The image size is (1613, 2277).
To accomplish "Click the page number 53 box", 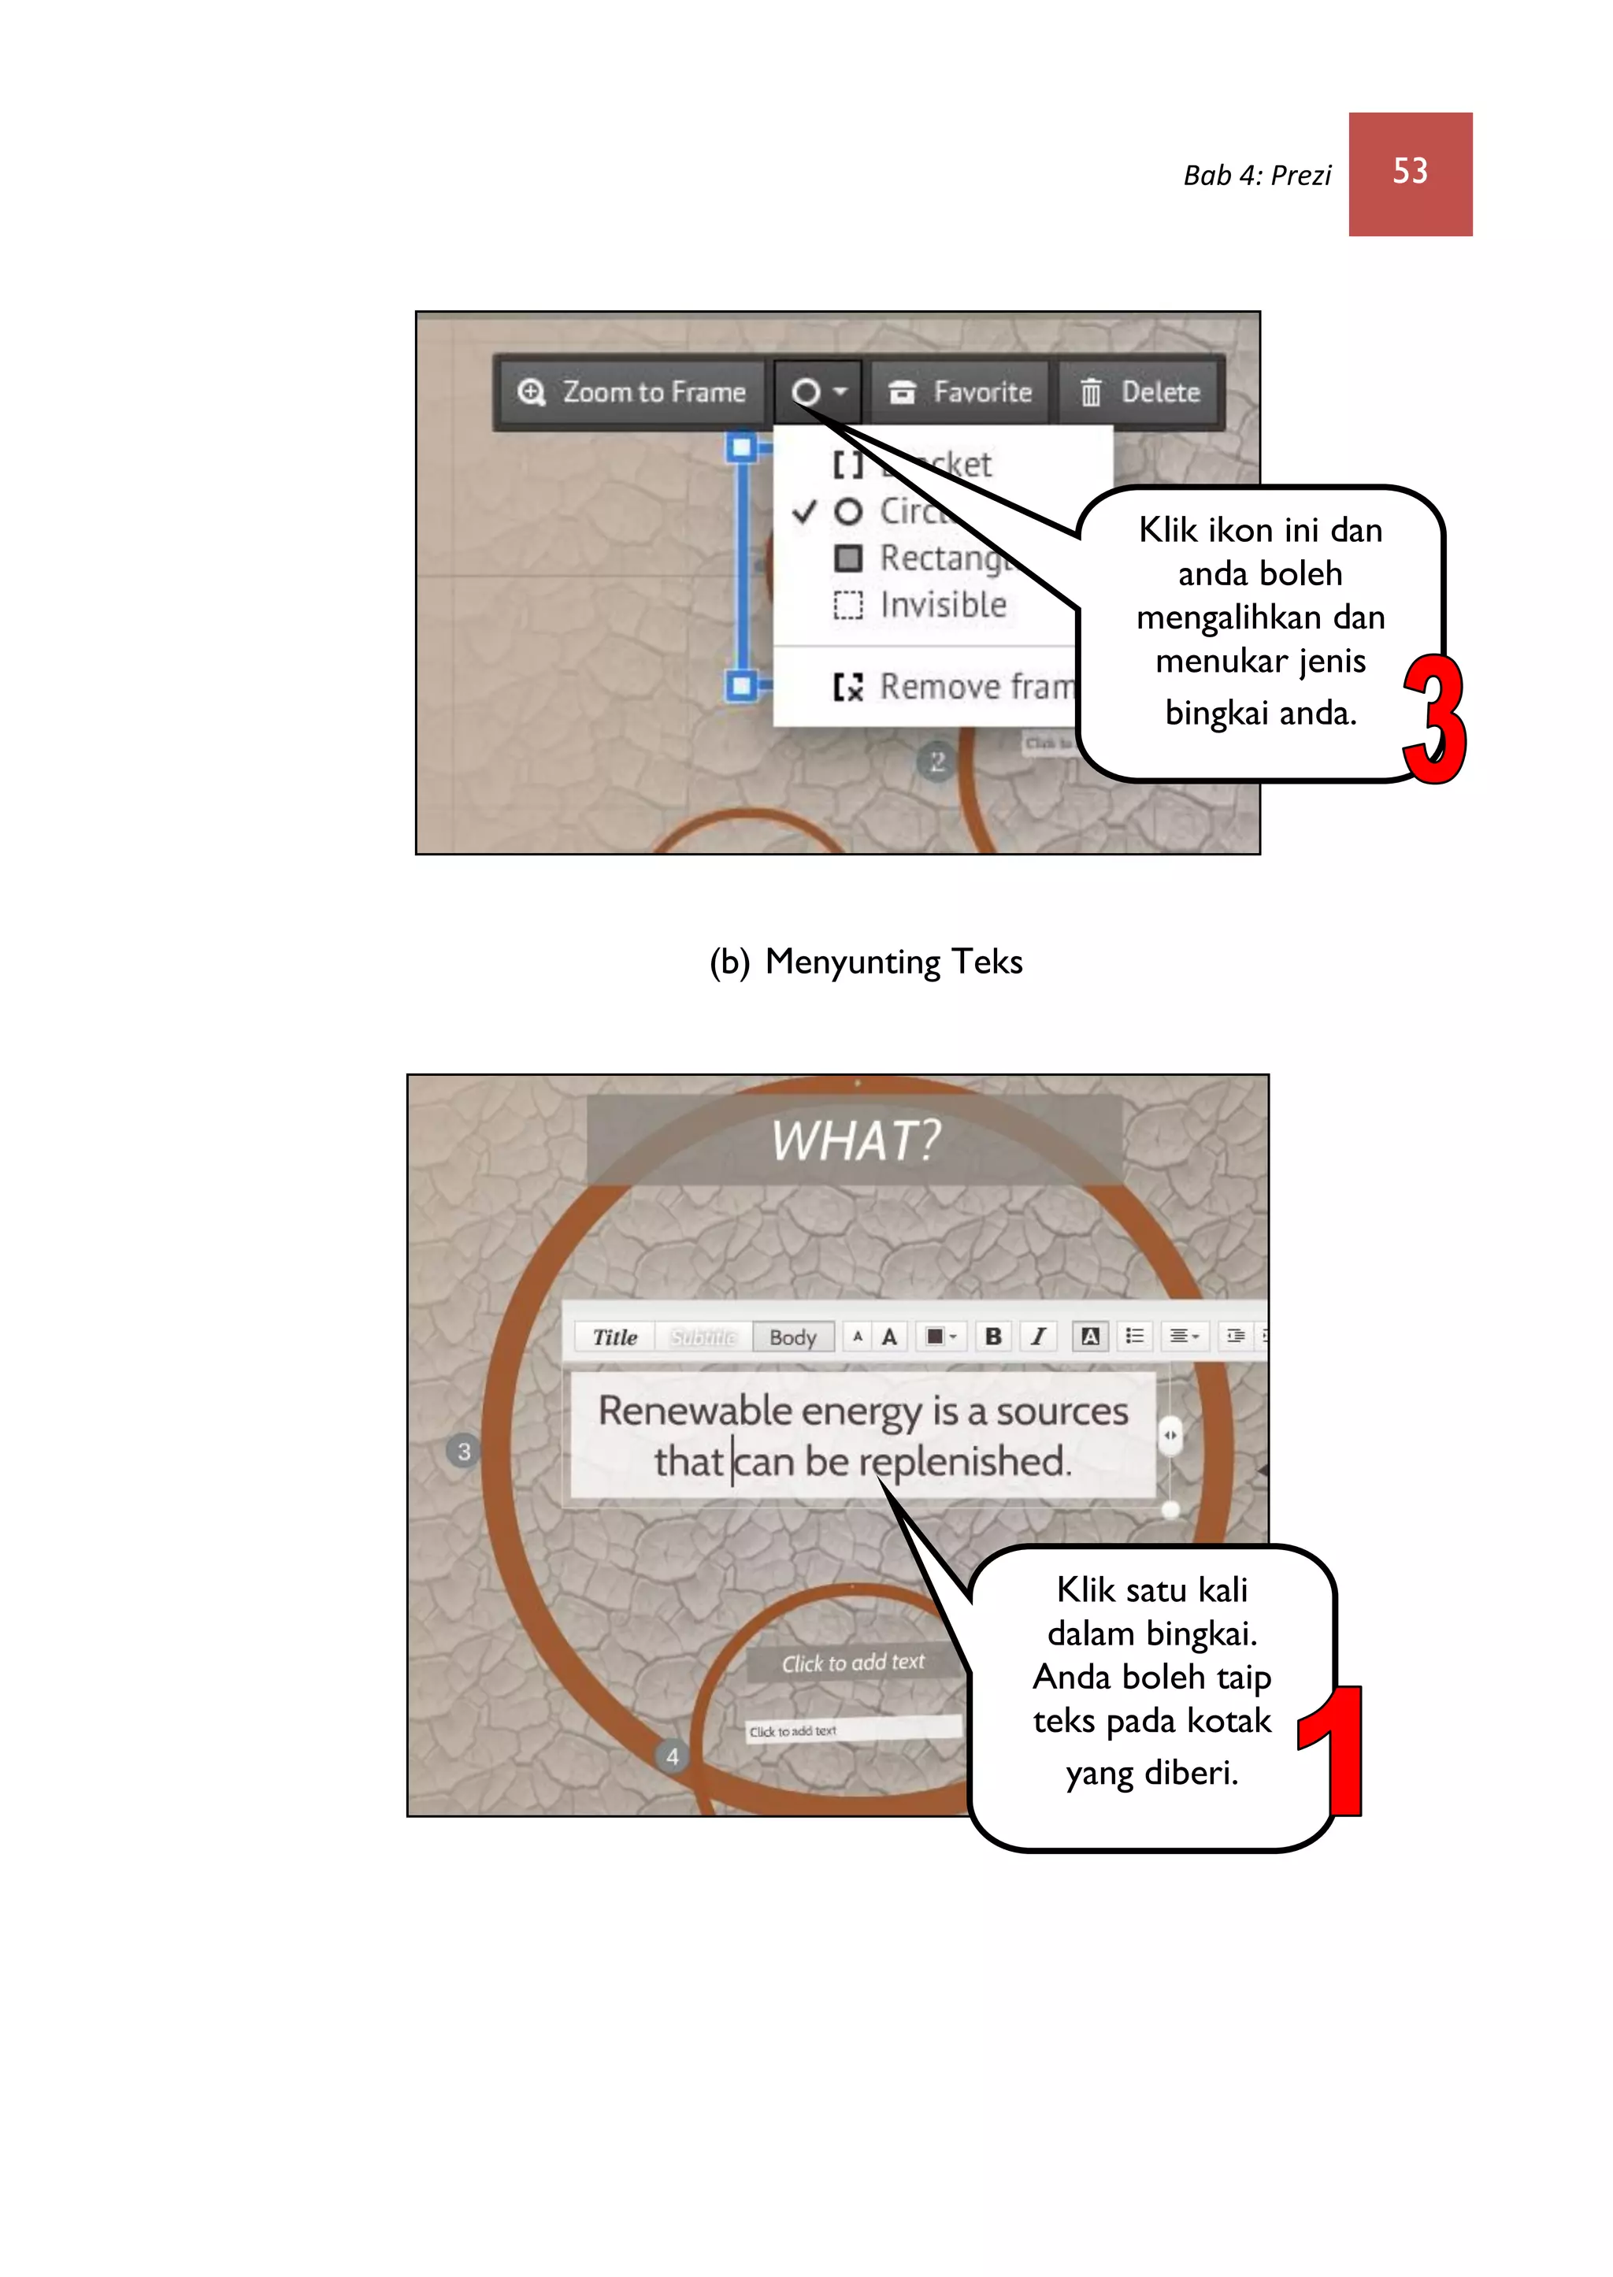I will (1409, 174).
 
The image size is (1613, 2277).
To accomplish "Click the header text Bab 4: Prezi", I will (1256, 176).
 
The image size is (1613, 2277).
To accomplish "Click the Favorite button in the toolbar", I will (959, 392).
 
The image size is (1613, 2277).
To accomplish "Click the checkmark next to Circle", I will (804, 511).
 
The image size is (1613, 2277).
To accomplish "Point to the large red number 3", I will (1433, 720).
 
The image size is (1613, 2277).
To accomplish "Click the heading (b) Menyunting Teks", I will (865, 961).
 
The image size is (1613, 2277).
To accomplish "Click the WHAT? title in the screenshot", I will (855, 1140).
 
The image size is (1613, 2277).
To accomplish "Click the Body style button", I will (792, 1337).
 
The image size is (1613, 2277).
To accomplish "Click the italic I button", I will (1038, 1337).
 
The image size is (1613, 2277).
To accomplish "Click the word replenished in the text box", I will (963, 1462).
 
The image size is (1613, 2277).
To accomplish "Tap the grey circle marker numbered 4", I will (673, 1756).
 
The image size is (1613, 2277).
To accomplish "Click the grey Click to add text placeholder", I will (852, 1663).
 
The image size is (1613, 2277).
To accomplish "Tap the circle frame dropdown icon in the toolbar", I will (818, 392).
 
